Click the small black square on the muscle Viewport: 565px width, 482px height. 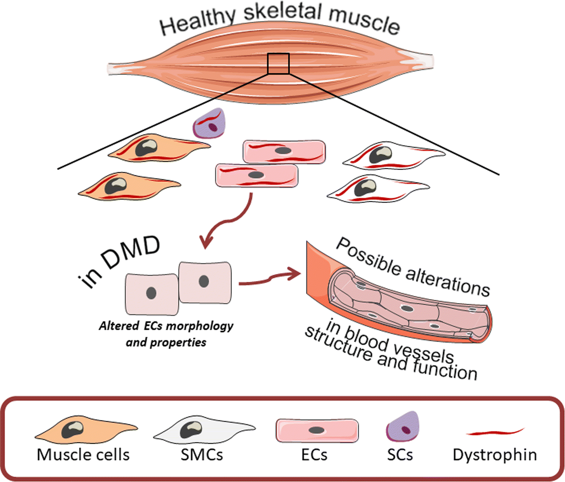278,63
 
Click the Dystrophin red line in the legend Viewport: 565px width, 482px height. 495,432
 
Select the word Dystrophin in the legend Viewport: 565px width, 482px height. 495,454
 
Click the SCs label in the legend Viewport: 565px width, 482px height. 400,454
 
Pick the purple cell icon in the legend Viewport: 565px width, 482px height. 403,427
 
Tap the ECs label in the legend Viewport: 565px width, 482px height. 314,454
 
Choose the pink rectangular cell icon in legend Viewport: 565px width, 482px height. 317,430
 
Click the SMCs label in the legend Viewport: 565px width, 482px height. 202,454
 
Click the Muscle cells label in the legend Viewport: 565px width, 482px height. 83,454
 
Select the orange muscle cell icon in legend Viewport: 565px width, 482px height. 86,430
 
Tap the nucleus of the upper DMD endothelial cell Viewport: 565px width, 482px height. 204,281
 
